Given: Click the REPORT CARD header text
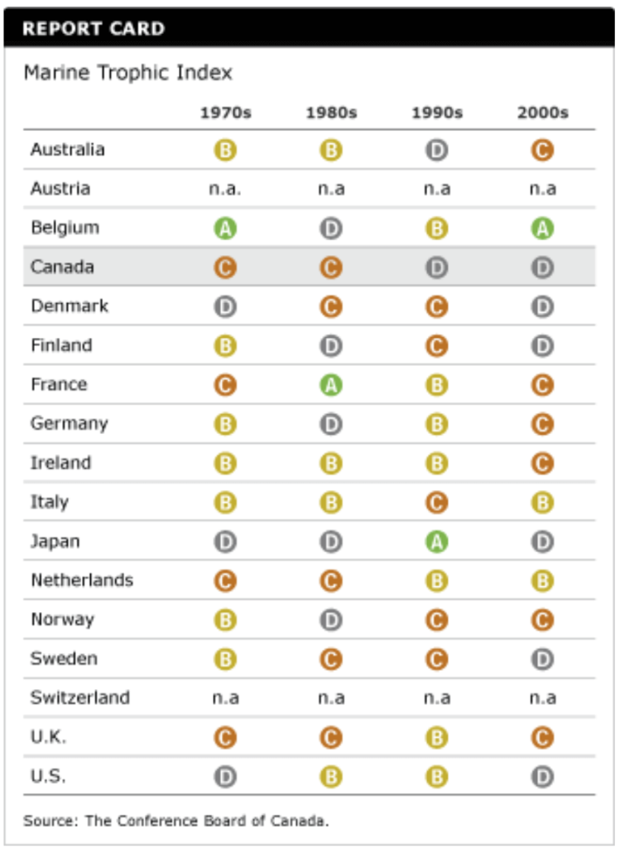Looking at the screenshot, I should click(93, 29).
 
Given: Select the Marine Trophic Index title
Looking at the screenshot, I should click(128, 73).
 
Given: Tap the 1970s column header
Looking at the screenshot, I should click(225, 113).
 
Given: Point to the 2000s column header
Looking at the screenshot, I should click(542, 113).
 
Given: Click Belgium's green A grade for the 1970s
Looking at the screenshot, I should click(225, 229).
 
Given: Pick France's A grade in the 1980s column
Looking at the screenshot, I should click(330, 385).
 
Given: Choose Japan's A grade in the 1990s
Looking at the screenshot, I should click(436, 542).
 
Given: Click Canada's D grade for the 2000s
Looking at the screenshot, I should click(542, 267).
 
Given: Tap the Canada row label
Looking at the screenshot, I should click(62, 267).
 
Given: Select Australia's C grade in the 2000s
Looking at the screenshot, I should click(542, 151).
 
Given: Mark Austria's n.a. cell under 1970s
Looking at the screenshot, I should click(225, 190).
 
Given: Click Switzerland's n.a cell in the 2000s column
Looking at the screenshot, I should click(542, 698).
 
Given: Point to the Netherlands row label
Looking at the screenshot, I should click(82, 581).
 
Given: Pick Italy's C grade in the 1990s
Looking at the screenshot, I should click(436, 503).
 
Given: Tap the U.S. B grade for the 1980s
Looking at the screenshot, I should click(330, 777).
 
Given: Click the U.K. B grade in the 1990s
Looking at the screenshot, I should click(436, 737).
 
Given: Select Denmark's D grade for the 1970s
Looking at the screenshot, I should click(225, 306).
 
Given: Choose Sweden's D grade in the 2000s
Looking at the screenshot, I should click(542, 659).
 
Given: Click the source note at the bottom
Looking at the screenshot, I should click(176, 821).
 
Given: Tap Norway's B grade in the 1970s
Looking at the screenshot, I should click(225, 620).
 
